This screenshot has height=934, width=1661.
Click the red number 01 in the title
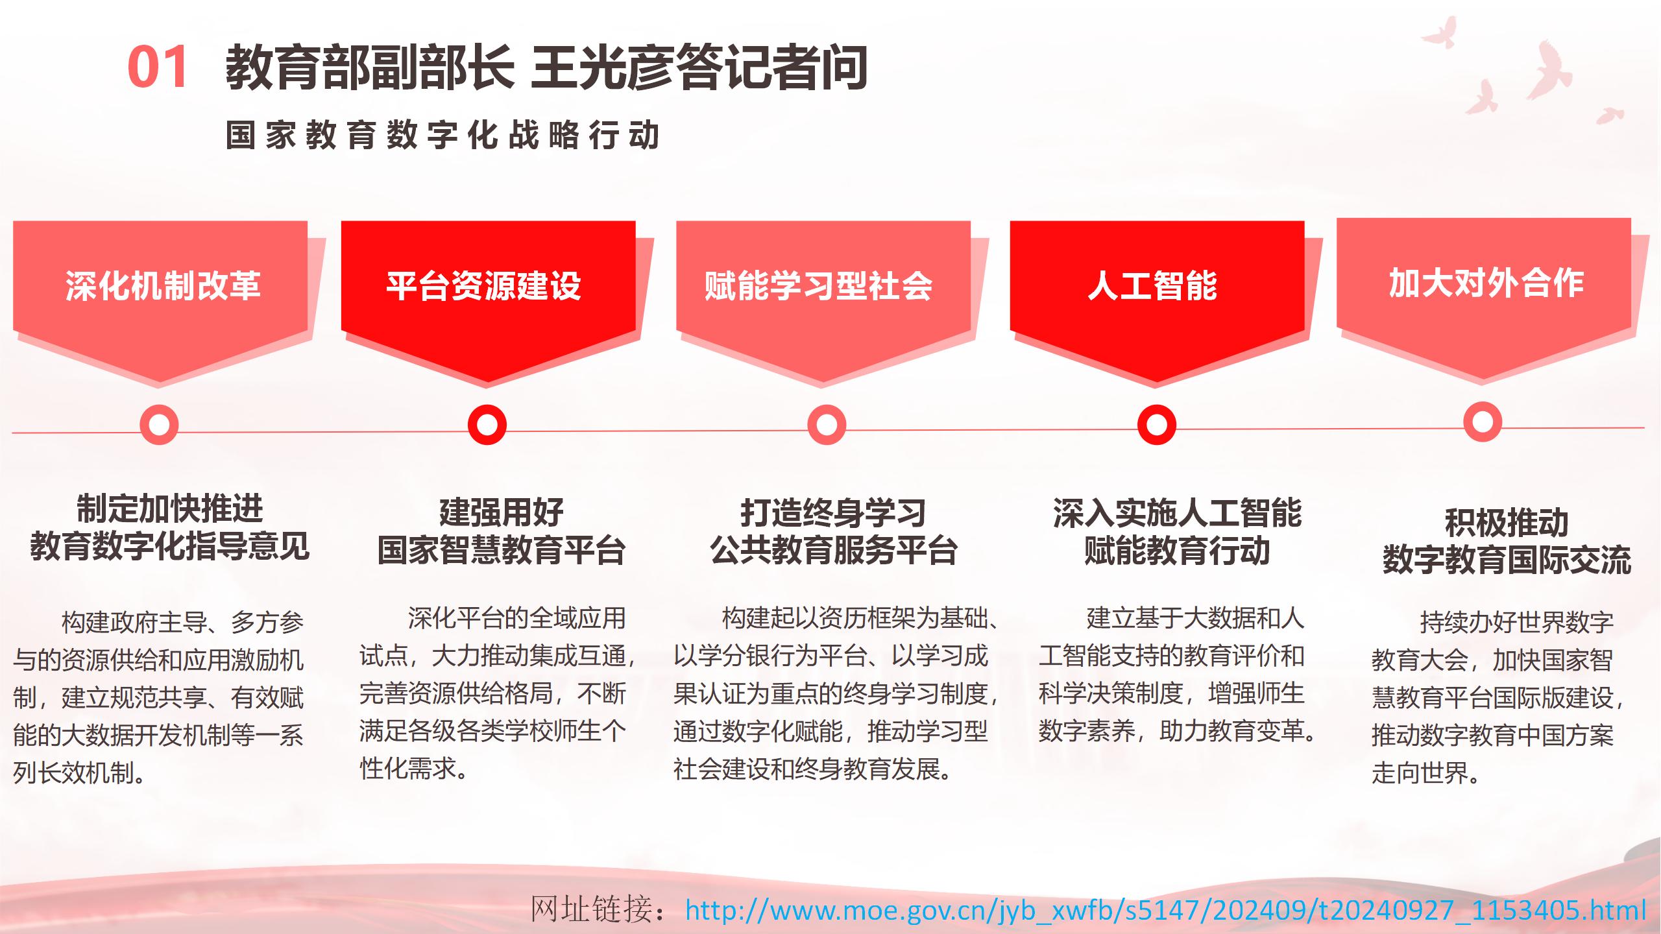coord(158,67)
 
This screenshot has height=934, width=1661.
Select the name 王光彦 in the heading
coord(603,67)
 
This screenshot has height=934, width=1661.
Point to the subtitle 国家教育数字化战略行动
coord(443,135)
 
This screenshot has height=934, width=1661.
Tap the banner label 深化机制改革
coord(163,285)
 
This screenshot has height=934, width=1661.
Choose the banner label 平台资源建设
coord(484,285)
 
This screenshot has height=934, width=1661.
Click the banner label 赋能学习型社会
coord(819,285)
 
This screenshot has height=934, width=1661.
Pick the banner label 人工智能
coord(1152,285)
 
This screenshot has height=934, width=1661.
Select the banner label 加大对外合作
coord(1486,283)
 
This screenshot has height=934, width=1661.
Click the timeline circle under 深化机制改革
coord(159,425)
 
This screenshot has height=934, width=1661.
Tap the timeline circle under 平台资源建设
coord(487,425)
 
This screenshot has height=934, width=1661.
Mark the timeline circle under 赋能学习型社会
coord(827,425)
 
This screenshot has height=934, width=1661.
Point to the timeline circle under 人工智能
coord(1157,425)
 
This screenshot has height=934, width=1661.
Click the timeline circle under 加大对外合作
coord(1483,422)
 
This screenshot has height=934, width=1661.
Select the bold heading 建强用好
coord(502,512)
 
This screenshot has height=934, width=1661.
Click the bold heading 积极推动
coord(1507,523)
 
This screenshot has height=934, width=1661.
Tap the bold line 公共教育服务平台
coord(834,551)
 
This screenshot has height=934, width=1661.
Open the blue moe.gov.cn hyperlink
coord(1166,910)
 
